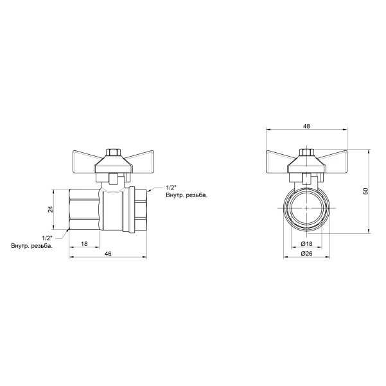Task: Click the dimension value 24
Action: pyautogui.click(x=50, y=209)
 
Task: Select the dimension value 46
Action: pyautogui.click(x=108, y=254)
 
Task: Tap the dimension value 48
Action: pyautogui.click(x=306, y=126)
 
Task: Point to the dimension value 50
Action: pyautogui.click(x=366, y=191)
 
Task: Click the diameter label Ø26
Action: pyautogui.click(x=306, y=253)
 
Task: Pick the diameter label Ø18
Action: pyautogui.click(x=306, y=243)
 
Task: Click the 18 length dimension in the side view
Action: pyautogui.click(x=84, y=243)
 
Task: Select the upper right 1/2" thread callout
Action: pyautogui.click(x=171, y=188)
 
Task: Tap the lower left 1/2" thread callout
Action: pyautogui.click(x=48, y=238)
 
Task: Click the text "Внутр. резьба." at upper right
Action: pyautogui.click(x=187, y=195)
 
